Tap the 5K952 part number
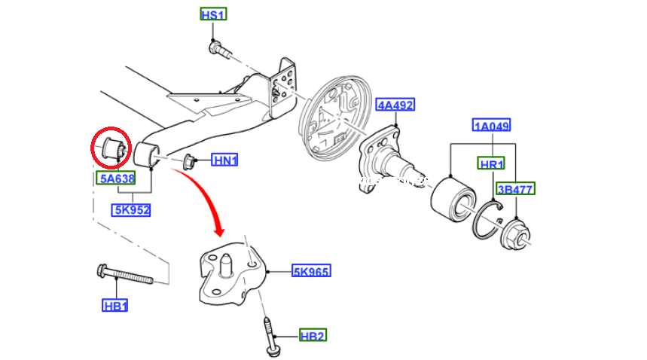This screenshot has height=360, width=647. [131, 210]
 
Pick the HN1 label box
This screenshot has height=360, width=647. [224, 160]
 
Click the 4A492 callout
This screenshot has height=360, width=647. [395, 105]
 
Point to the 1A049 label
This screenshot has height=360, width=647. [492, 125]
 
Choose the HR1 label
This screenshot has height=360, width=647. [492, 164]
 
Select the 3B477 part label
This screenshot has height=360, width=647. [515, 190]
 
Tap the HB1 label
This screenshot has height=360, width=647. [115, 306]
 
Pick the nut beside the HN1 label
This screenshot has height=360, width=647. [190, 160]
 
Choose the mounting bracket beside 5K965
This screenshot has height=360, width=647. [232, 275]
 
